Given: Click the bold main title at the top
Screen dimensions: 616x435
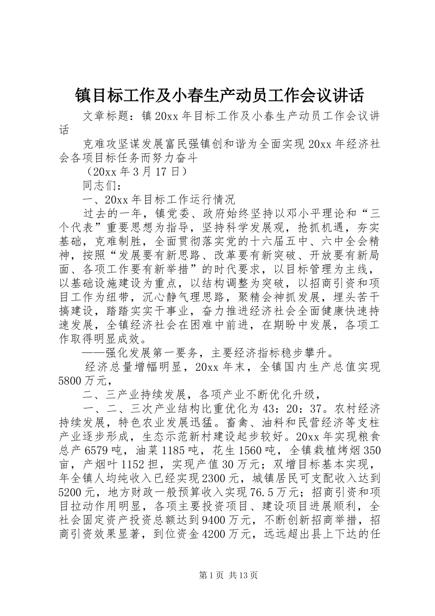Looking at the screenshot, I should click(x=219, y=95).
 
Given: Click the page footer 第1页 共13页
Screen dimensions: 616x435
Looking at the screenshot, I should click(x=218, y=575).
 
